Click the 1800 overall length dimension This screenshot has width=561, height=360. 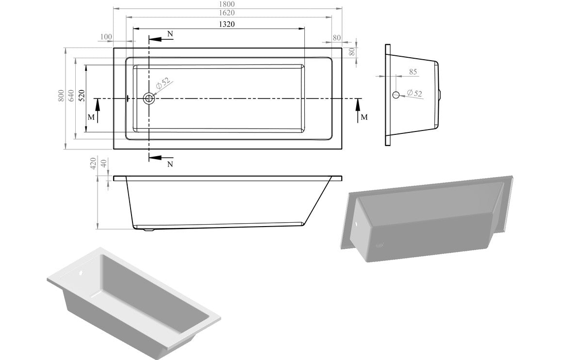(x=228, y=3)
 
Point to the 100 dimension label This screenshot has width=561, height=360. (x=106, y=37)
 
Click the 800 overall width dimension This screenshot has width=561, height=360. (x=61, y=96)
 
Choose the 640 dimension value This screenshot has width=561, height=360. (x=71, y=96)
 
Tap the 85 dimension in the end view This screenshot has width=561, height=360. (x=413, y=72)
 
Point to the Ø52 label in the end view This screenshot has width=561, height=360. (x=414, y=92)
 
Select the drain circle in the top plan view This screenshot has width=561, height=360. (x=148, y=98)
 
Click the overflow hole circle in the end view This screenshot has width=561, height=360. (x=396, y=95)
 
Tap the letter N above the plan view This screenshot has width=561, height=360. (x=169, y=33)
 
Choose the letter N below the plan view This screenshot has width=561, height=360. (x=170, y=164)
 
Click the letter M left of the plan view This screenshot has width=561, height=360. (x=91, y=117)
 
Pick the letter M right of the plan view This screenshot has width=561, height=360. (x=364, y=117)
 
